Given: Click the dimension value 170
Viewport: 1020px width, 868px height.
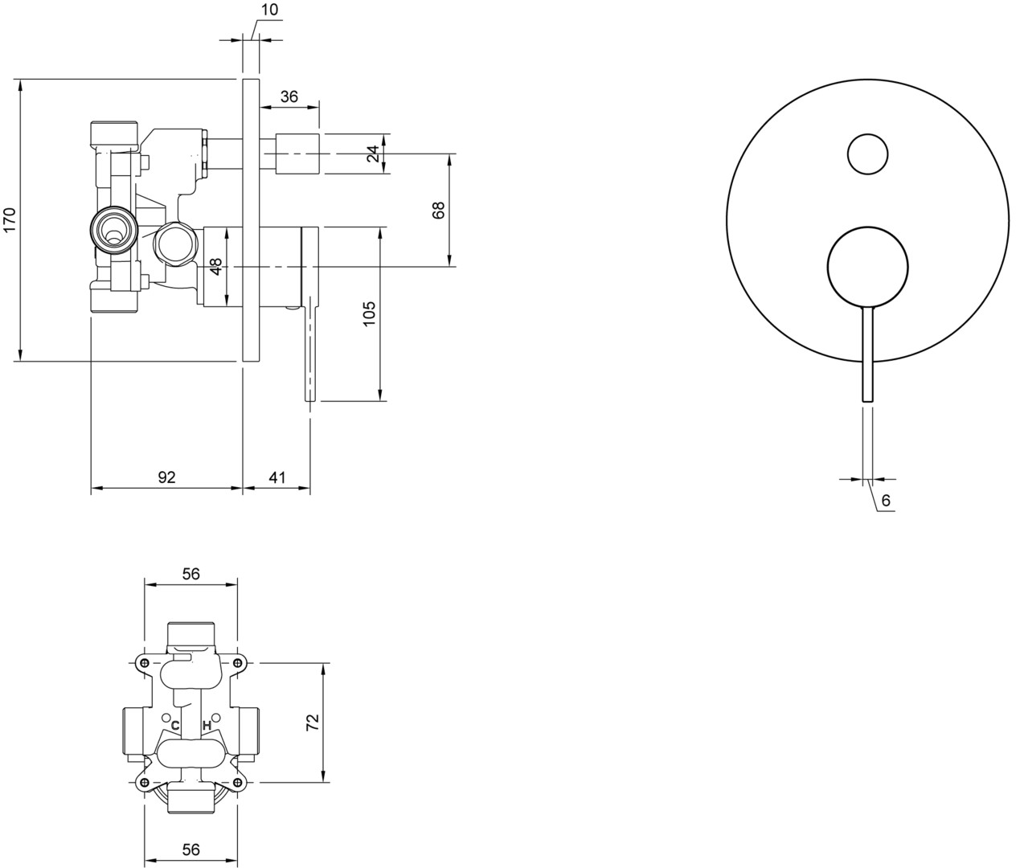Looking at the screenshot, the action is [10, 219].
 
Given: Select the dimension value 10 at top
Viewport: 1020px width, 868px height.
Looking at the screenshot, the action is [270, 10].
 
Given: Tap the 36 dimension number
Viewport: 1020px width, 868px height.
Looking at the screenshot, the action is [289, 96].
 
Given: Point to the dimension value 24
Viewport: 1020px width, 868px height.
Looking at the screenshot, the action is [374, 154].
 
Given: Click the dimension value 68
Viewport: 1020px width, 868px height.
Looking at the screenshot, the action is [439, 211].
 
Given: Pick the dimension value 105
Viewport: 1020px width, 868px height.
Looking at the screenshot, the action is [369, 313].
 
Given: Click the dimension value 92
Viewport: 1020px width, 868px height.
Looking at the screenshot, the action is [167, 477].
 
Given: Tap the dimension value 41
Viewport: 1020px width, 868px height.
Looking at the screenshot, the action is [277, 477].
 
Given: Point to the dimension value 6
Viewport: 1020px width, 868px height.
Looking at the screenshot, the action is [885, 501].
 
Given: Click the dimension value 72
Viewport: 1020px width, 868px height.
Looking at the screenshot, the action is [313, 723].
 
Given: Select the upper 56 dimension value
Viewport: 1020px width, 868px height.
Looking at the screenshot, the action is [191, 574].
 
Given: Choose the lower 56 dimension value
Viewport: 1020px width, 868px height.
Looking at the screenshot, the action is [191, 850].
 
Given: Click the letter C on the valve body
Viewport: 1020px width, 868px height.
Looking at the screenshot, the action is [174, 726].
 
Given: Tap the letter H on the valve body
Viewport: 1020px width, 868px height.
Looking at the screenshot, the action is [207, 726].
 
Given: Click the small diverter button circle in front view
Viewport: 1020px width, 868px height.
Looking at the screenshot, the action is [867, 154].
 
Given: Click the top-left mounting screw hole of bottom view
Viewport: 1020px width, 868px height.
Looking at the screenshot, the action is [144, 661].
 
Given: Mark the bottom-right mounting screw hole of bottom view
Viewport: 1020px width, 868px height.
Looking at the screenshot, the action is [237, 782].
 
